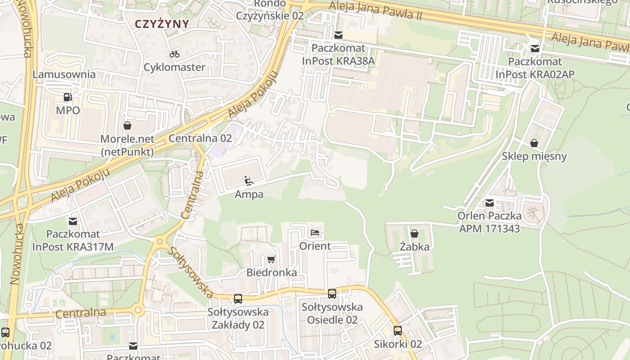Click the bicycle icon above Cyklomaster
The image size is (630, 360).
[175, 54]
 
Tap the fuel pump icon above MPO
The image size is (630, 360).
[68, 97]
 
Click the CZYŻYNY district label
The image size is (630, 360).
[162, 24]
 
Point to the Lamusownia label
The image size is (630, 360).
[64, 74]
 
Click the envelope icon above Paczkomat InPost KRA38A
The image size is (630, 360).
[338, 35]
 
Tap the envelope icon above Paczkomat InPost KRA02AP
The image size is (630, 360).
[535, 48]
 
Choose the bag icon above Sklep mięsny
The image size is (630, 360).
[534, 143]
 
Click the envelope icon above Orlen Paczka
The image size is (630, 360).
[490, 203]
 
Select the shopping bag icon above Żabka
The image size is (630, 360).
[414, 234]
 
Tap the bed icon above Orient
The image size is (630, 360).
[315, 233]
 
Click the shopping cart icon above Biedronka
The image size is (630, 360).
[271, 259]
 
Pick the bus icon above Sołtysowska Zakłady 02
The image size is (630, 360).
[238, 298]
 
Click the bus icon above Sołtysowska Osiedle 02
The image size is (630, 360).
[332, 294]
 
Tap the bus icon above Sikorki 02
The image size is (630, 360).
[398, 331]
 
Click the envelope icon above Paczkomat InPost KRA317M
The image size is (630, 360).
[73, 221]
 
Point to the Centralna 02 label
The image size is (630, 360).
[200, 138]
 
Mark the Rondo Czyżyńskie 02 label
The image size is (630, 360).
[270, 9]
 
